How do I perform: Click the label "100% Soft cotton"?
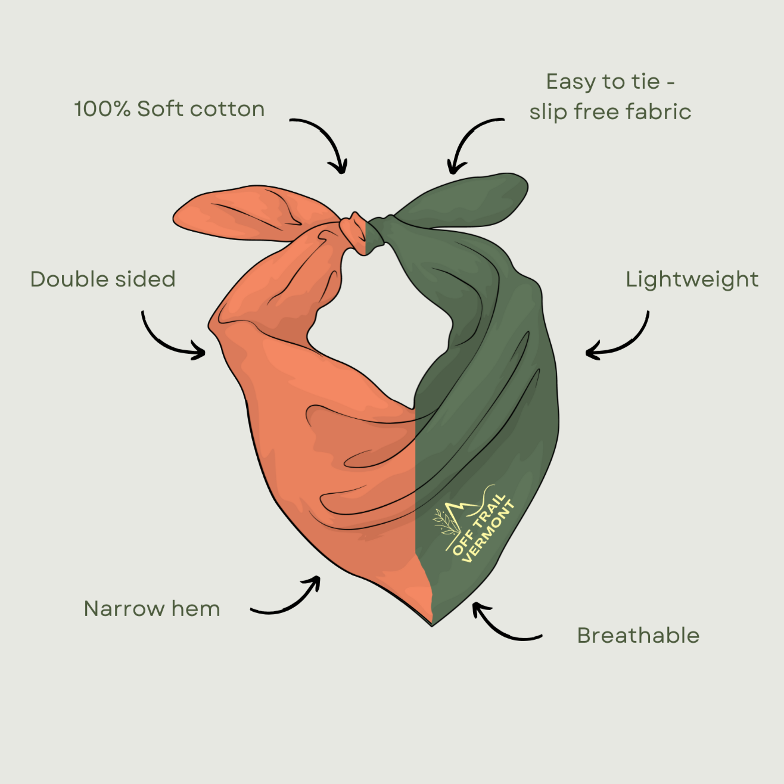coord(169,109)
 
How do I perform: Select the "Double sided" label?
coord(103,279)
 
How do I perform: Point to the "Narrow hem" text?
coord(152,609)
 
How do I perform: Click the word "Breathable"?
coord(639,635)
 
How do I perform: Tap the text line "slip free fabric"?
coord(610,112)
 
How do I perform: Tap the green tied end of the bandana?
coord(460,202)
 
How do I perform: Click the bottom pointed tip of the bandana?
coord(432,626)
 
